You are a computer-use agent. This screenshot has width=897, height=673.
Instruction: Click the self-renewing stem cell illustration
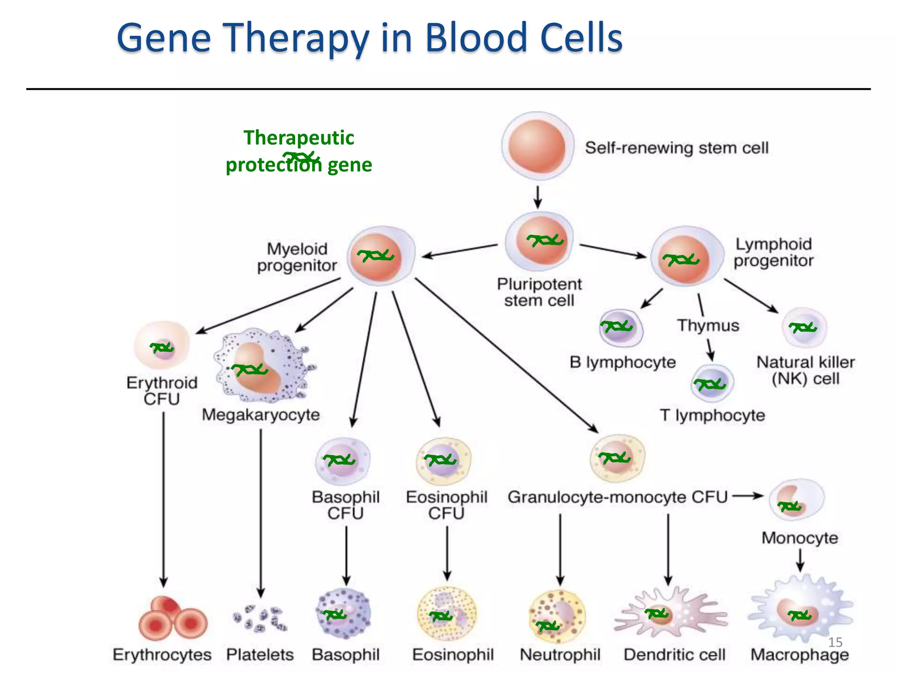[x=537, y=146]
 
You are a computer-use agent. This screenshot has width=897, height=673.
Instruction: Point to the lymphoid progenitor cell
[x=685, y=257]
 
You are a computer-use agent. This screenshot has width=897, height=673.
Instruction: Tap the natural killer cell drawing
[x=804, y=328]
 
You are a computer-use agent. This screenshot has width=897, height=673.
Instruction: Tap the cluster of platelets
[x=259, y=619]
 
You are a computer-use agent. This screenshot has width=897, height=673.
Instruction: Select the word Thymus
[x=708, y=326]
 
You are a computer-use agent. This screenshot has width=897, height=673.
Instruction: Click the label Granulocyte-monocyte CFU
[x=617, y=497]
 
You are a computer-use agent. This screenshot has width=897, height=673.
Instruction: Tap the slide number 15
[x=835, y=642]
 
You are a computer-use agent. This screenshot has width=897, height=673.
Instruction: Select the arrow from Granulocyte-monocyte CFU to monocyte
[x=748, y=496]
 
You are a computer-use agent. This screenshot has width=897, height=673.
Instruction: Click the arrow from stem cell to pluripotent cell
[x=538, y=197]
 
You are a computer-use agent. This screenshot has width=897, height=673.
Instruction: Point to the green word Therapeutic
[x=299, y=138]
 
